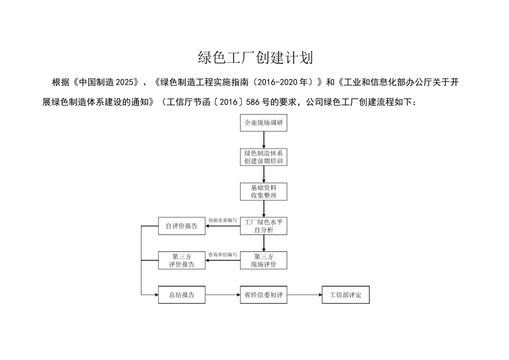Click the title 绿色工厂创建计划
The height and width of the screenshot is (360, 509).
(255, 57)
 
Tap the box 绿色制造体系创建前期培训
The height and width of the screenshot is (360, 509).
(263, 157)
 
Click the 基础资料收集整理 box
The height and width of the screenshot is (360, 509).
(263, 191)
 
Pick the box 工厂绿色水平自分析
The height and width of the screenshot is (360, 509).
(263, 226)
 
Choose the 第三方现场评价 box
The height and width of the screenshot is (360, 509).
(263, 260)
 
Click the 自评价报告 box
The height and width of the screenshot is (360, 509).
(182, 226)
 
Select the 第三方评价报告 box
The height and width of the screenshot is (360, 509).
(182, 260)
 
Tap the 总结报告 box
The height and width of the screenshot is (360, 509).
(182, 295)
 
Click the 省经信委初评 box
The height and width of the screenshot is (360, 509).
(263, 295)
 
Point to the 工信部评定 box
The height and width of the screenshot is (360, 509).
(346, 295)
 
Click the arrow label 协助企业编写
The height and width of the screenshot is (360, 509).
(222, 220)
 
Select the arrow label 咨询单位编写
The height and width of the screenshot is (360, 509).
(222, 254)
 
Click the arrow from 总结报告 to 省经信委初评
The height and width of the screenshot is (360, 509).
(222, 295)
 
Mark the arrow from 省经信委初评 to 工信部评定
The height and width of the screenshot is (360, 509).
(304, 295)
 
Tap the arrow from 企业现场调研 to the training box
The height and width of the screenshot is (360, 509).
(263, 140)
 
